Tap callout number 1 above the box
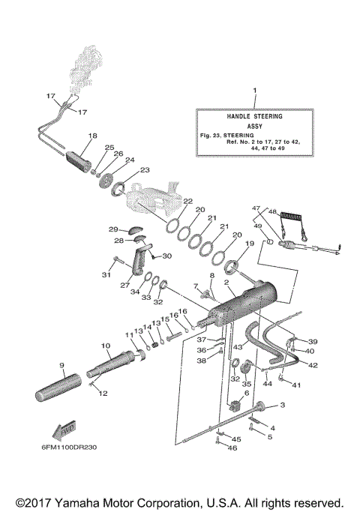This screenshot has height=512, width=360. pyautogui.click(x=254, y=90)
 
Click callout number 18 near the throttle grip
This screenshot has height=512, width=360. pyautogui.click(x=92, y=136)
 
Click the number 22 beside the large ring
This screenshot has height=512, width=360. pyautogui.click(x=187, y=201)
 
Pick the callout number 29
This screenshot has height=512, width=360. pyautogui.click(x=113, y=229)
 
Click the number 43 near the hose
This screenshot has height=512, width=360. pyautogui.click(x=238, y=347)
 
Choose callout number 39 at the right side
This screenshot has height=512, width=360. pyautogui.click(x=313, y=340)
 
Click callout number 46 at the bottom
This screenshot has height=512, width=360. pyautogui.click(x=231, y=448)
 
